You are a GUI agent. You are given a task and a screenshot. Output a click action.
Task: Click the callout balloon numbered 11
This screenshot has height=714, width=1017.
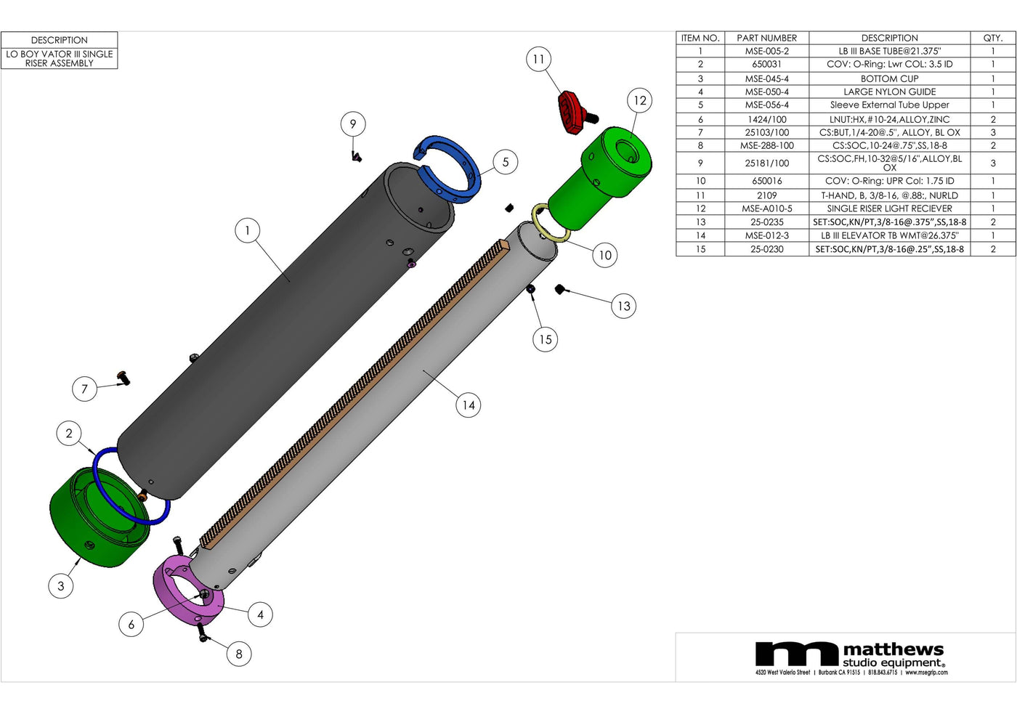click(538, 60)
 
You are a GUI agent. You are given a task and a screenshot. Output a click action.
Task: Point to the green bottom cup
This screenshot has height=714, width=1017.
click(94, 519)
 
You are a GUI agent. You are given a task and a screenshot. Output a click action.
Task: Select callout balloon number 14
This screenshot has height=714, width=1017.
click(469, 405)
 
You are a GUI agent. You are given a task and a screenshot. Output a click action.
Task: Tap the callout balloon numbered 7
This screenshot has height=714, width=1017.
click(84, 389)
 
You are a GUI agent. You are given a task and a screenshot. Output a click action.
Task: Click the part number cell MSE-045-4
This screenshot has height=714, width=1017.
click(766, 78)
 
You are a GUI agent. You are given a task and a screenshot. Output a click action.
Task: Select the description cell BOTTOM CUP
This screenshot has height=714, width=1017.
click(889, 78)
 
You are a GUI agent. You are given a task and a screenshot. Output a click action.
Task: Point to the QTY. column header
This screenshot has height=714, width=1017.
click(992, 38)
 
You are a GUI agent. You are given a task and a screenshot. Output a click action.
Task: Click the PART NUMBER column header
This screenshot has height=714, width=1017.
click(766, 38)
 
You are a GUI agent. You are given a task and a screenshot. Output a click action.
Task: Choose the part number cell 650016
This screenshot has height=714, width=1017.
click(766, 181)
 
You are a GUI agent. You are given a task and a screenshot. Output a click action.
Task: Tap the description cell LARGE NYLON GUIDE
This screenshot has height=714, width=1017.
click(889, 92)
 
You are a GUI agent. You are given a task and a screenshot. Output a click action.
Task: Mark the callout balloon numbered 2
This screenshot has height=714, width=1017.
click(69, 434)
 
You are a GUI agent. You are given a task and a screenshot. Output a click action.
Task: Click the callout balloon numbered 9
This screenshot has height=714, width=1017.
click(353, 124)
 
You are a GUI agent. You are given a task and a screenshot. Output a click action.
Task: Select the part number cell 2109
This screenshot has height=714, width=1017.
click(766, 195)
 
